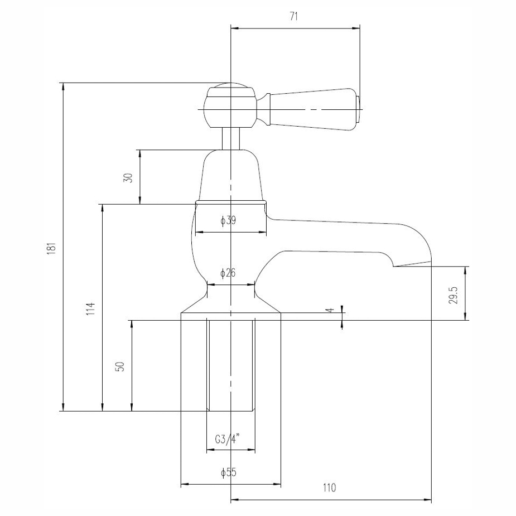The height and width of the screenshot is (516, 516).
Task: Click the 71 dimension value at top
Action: pyautogui.click(x=294, y=17)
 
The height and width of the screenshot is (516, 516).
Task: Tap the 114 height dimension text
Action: pyautogui.click(x=90, y=308)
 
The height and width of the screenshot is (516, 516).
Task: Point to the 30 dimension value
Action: pyautogui.click(x=128, y=177)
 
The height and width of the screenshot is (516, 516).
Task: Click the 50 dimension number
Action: pyautogui.click(x=120, y=366)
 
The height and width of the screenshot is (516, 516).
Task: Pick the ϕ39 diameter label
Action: pyautogui.click(x=228, y=220)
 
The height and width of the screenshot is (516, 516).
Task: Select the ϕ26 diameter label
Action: pyautogui.click(x=228, y=273)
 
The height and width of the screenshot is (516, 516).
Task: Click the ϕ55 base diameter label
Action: pyautogui.click(x=229, y=472)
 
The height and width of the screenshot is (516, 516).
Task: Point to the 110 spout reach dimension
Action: pyautogui.click(x=329, y=488)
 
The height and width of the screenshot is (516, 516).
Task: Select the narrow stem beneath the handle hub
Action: pyautogui.click(x=230, y=138)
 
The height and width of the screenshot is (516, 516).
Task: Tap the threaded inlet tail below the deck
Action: pyautogui.click(x=230, y=365)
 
